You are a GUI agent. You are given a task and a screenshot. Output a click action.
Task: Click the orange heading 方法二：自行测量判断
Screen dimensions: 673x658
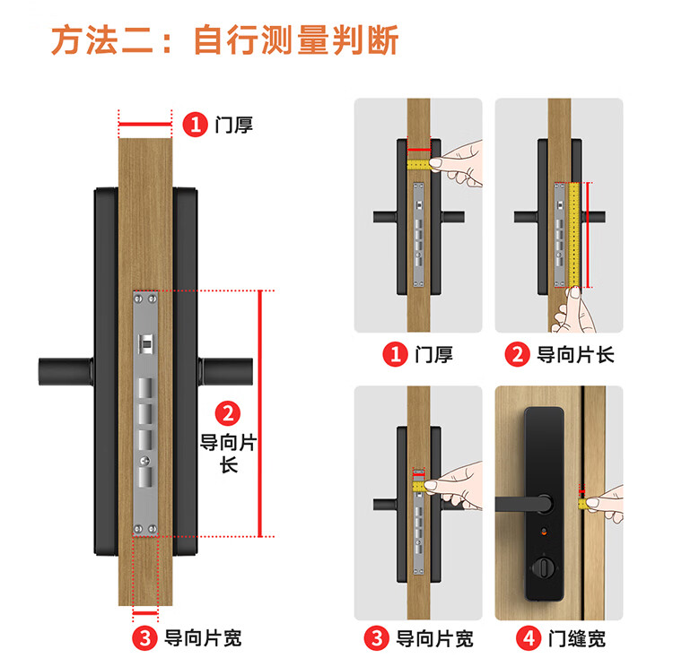coord(225,39)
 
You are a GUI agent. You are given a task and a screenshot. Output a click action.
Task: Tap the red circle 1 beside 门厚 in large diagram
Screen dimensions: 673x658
coord(196,125)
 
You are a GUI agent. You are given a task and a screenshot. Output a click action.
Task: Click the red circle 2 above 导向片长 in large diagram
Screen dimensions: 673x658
coord(228,413)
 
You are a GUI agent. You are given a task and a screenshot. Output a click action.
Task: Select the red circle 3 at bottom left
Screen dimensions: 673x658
coord(145,638)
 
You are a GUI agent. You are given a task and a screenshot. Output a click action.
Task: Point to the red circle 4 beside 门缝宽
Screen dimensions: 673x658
coord(529,638)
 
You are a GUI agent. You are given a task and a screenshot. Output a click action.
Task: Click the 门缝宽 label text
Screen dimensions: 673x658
coord(576,638)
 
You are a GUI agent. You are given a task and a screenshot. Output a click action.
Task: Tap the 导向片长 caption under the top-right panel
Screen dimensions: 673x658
coord(575,355)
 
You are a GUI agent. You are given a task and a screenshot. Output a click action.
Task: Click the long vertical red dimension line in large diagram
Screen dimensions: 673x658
coord(260,413)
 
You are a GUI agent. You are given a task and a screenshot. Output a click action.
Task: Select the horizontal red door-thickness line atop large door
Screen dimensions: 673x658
coord(145,125)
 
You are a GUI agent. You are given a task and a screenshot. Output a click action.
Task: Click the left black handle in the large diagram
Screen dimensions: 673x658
coord(66,371)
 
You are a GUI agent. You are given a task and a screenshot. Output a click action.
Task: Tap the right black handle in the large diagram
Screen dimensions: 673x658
coord(225,371)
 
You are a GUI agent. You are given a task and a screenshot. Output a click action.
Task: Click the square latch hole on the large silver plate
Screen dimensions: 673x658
coord(145,343)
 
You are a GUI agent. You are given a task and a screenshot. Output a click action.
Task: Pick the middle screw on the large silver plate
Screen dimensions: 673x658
coord(145,461)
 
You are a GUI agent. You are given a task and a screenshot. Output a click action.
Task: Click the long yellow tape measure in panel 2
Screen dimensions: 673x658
coord(574,235)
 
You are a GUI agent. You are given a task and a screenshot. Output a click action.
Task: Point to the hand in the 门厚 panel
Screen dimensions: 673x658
coord(456,164)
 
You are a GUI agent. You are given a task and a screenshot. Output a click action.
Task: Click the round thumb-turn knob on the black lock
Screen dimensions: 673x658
coord(544,568)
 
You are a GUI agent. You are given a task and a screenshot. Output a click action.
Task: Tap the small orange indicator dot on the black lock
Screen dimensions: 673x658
coord(544,532)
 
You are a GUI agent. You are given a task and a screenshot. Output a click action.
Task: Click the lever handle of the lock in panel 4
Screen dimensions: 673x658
coord(524,504)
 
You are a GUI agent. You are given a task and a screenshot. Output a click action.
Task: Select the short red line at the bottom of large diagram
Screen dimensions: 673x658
coord(145,613)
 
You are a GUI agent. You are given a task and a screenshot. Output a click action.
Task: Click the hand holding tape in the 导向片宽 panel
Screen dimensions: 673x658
coord(454,486)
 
